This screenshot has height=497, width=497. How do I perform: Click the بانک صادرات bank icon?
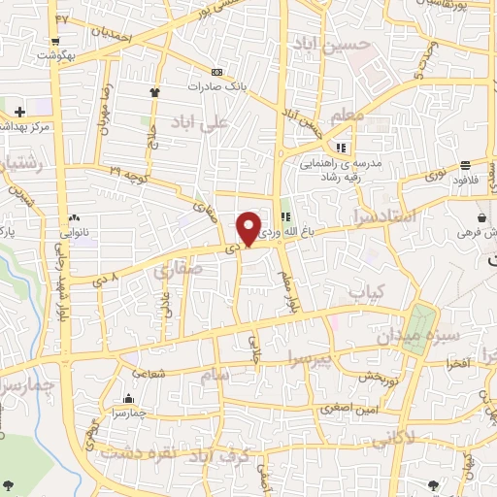(x=216, y=73)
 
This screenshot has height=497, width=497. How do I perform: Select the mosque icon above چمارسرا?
(x=129, y=398)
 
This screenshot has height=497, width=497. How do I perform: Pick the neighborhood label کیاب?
(x=367, y=291)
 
